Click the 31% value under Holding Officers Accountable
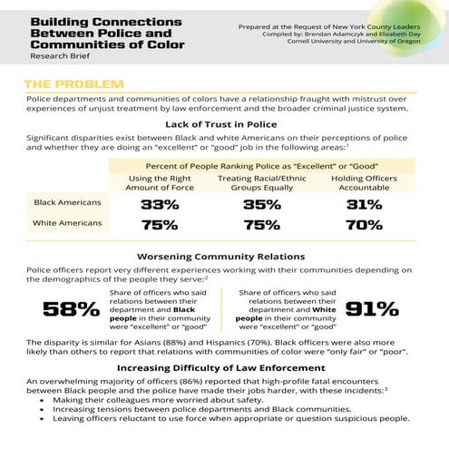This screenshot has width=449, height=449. [371, 204]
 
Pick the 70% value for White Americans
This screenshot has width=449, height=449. [371, 225]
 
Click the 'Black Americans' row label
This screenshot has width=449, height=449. [67, 203]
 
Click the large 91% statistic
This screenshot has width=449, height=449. [378, 309]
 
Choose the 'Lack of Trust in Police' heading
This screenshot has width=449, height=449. [223, 123]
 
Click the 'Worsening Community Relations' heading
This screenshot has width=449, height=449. [223, 256]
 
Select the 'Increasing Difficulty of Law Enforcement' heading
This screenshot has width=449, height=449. [223, 368]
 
